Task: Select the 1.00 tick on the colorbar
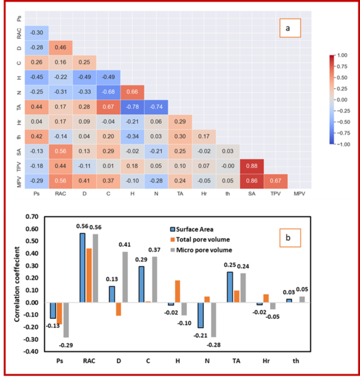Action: pyautogui.click(x=342, y=55)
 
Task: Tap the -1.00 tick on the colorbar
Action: pyautogui.click(x=342, y=143)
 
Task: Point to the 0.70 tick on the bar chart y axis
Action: pyautogui.click(x=33, y=217)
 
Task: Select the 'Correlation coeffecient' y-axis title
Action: pyautogui.click(x=18, y=284)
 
